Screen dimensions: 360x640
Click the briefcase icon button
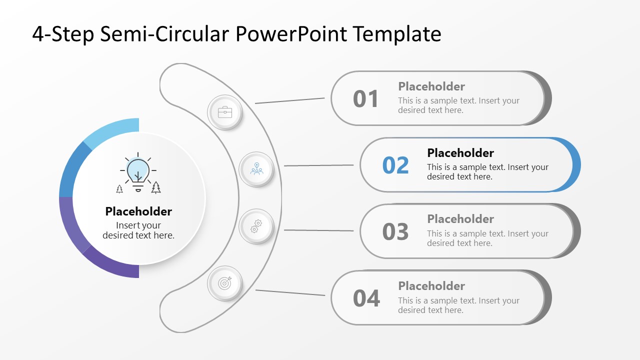(x=225, y=112)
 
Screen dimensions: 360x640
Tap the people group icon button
(x=256, y=169)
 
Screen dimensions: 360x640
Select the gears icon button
(x=256, y=226)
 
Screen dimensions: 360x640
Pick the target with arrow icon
(x=225, y=283)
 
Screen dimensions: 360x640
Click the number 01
(x=366, y=99)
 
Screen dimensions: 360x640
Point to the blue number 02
(x=395, y=165)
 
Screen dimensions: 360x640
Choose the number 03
(x=395, y=232)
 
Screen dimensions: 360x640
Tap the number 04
(x=366, y=298)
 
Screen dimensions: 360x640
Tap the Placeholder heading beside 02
(x=460, y=153)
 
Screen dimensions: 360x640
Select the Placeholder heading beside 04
(x=431, y=286)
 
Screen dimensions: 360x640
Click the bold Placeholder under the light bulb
(x=138, y=211)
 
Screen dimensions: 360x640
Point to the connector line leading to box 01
(x=290, y=100)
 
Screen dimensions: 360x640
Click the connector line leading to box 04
(x=290, y=292)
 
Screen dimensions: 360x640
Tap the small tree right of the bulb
(x=156, y=187)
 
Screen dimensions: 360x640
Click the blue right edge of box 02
(x=575, y=165)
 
